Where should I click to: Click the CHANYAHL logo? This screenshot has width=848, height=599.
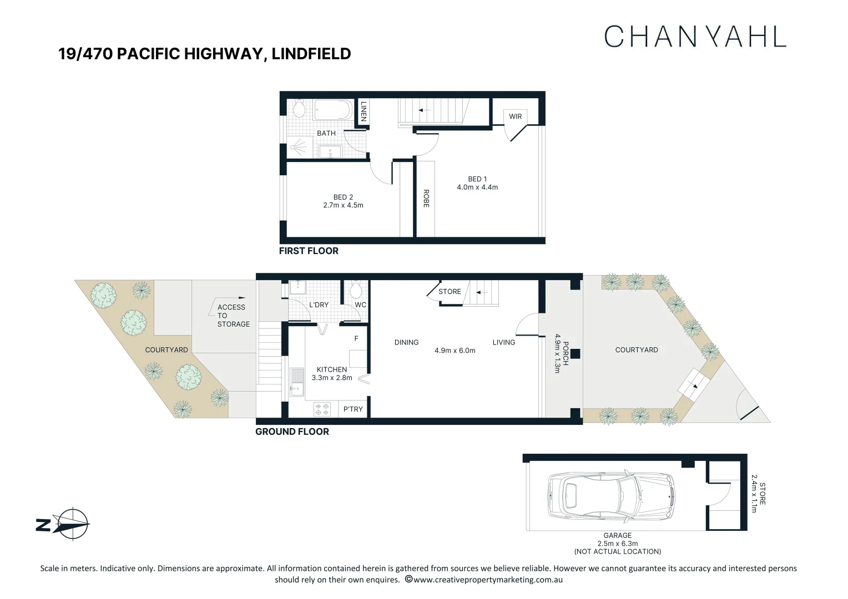695,37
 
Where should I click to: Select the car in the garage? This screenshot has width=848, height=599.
610,496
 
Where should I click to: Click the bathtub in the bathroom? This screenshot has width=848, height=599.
332,110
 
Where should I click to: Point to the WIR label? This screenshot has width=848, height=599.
515,116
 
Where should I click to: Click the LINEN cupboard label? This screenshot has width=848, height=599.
364,111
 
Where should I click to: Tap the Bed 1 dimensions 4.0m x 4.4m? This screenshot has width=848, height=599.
477,187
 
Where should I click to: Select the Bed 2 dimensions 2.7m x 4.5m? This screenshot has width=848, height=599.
343,205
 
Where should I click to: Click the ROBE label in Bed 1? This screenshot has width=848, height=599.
426,199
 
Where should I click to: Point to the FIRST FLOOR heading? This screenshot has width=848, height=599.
309,251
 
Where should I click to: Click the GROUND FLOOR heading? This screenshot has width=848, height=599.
292,432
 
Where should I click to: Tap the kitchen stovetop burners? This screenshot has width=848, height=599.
322,409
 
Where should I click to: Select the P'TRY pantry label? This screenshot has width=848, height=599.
353,409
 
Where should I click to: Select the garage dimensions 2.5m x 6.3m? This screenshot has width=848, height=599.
617,544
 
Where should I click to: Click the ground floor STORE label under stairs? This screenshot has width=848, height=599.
450,291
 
